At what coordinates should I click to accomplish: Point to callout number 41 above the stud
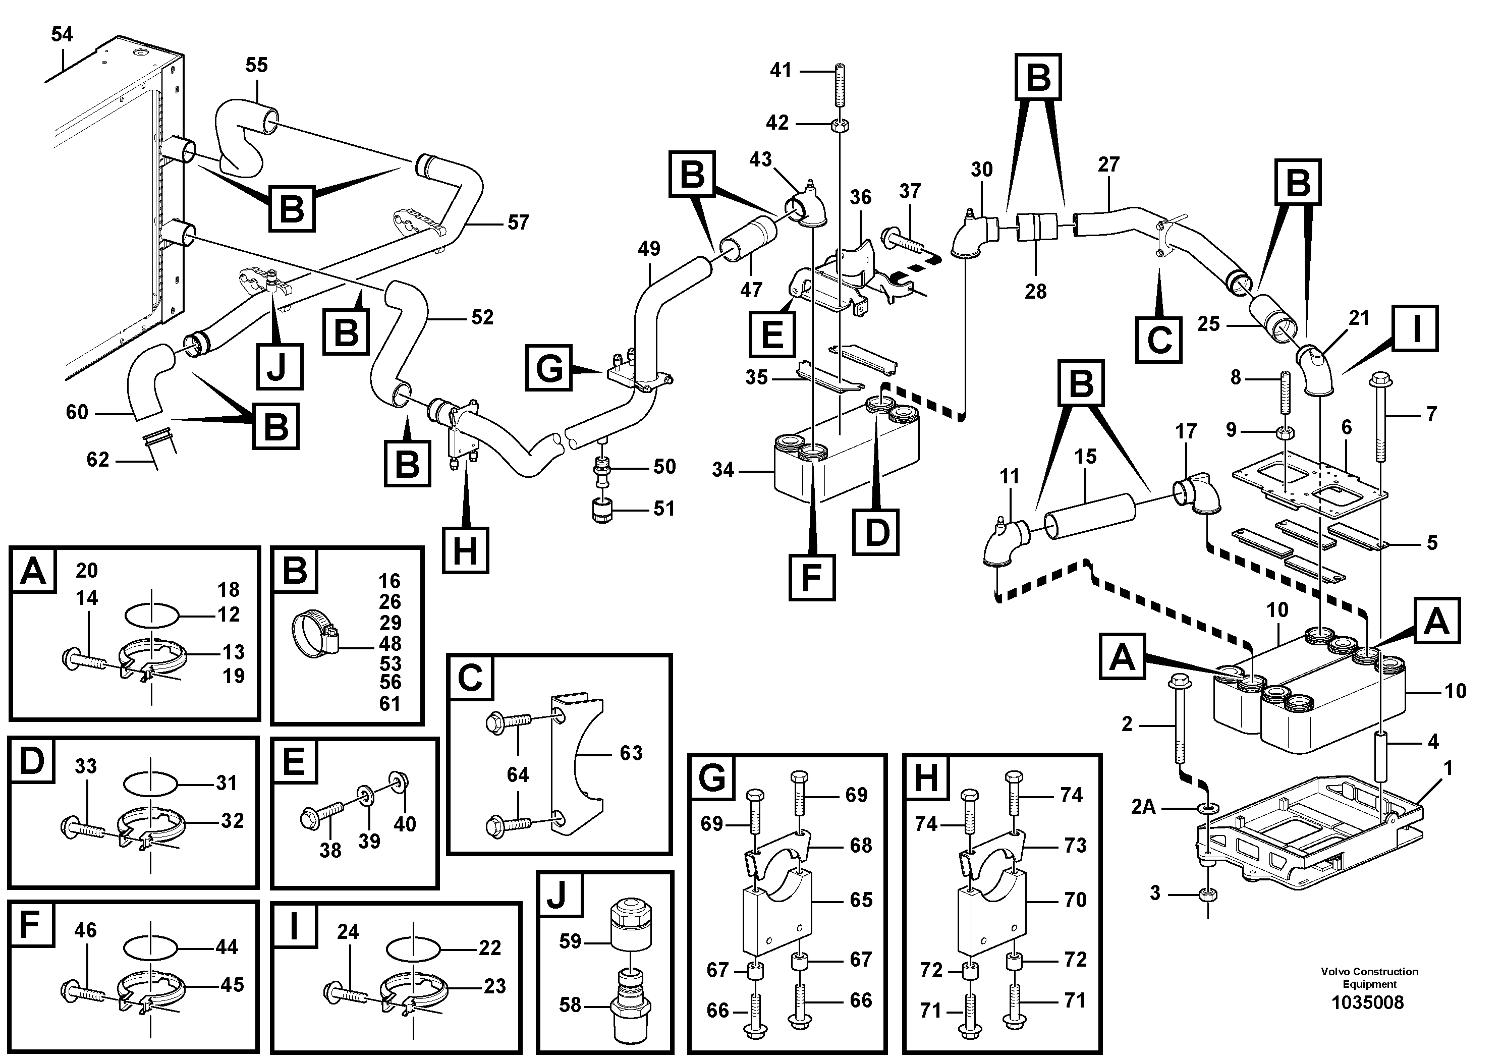781,70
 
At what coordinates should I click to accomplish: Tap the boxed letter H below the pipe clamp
465,551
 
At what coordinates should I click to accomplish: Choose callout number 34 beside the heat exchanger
723,470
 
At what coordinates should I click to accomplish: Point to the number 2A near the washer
1143,807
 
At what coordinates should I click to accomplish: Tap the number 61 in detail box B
390,704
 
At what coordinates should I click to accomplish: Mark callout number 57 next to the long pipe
518,222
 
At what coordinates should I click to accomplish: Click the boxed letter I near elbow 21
1416,329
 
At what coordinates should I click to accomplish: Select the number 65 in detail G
861,900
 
